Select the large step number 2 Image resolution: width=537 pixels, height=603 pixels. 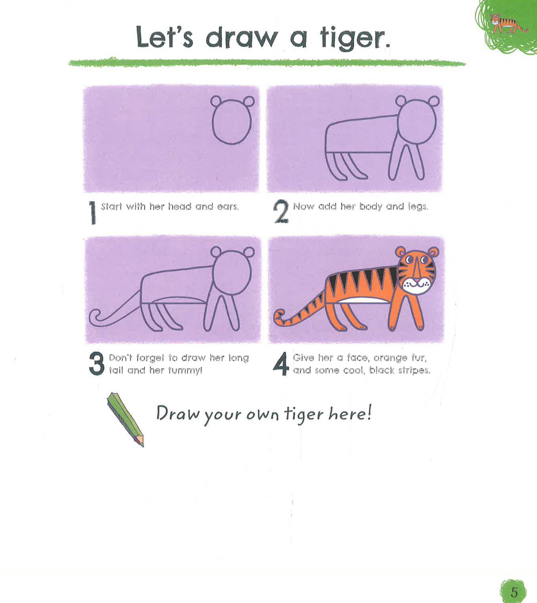coord(281,212)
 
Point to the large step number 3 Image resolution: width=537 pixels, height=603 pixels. coord(96,364)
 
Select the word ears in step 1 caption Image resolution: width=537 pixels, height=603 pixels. coord(227,207)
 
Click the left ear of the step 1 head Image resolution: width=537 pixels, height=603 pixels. coord(217,101)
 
